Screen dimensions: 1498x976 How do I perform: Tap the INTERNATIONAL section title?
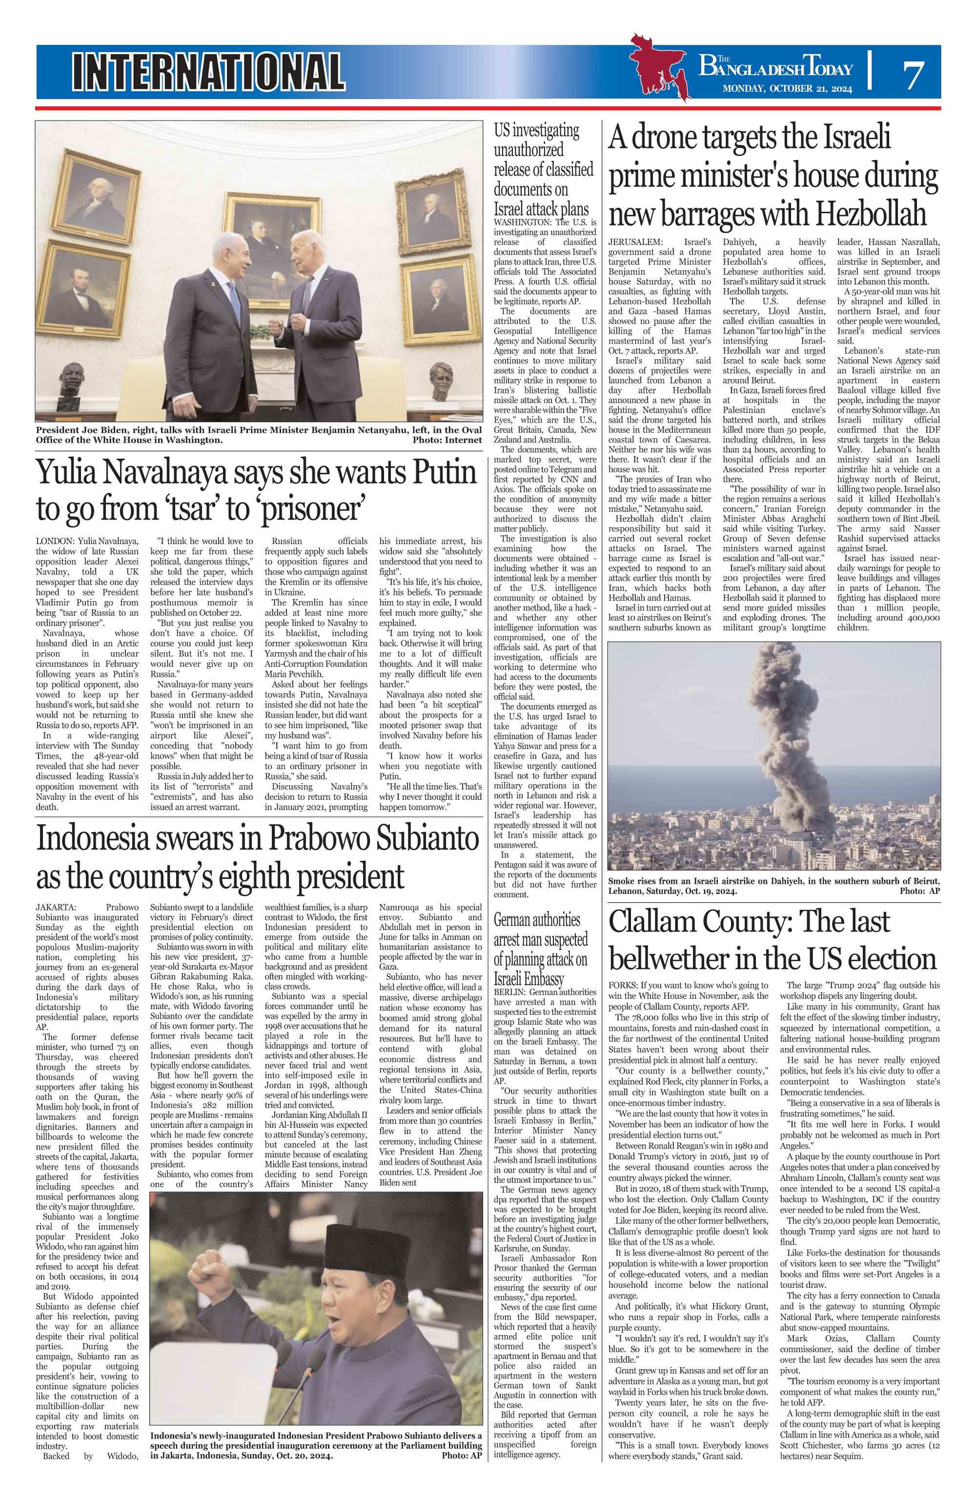(208, 70)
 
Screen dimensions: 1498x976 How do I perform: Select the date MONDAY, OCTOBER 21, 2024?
(787, 89)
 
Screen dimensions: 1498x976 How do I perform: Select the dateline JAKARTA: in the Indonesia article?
(56, 908)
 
